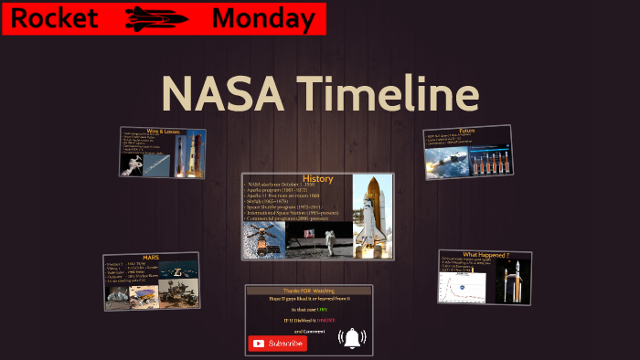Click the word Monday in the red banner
coord(262,17)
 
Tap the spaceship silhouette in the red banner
coord(156,17)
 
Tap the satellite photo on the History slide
coord(264,239)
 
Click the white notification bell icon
coord(352,338)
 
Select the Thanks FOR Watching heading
coord(308,291)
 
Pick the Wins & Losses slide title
coord(161,132)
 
